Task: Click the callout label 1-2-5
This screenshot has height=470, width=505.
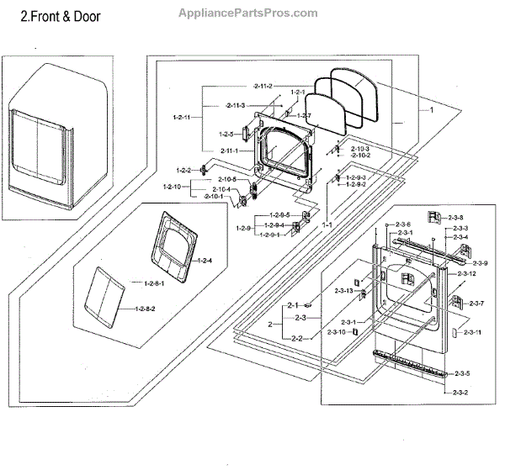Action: point(226,134)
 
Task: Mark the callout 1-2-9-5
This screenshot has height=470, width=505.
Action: point(280,215)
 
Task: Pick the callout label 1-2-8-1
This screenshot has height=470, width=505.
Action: point(154,283)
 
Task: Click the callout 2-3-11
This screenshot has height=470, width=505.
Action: point(473,333)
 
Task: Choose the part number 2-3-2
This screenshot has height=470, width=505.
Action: point(460,393)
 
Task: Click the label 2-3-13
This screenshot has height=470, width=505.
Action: point(343,290)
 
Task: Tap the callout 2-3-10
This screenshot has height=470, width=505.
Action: point(337,333)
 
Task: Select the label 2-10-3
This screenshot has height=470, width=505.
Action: point(360,149)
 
